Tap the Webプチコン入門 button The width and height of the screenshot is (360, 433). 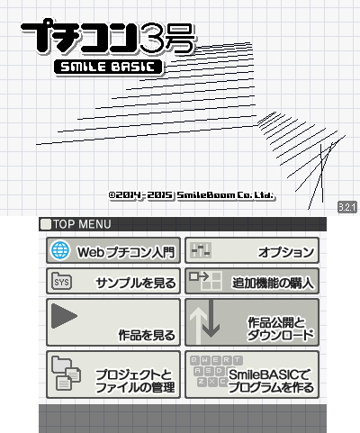[x=113, y=250]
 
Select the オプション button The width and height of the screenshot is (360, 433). [x=252, y=250]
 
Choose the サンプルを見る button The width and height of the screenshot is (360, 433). [x=113, y=281]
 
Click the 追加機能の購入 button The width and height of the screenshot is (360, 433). [x=252, y=281]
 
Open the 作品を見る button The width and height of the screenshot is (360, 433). [x=113, y=322]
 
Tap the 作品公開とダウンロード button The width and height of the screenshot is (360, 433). [x=252, y=322]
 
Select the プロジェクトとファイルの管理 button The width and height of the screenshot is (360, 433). [x=113, y=374]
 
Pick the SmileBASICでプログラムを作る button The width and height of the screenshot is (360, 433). [x=252, y=374]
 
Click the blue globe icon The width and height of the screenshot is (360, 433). [x=60, y=250]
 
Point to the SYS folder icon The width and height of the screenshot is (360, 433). [x=61, y=281]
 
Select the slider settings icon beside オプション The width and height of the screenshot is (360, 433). [x=201, y=250]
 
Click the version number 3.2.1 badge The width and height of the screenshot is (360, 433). [x=347, y=207]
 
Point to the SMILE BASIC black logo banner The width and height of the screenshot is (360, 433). [x=109, y=68]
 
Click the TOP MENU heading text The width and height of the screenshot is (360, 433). [x=82, y=224]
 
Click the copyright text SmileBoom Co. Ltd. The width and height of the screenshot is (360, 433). [x=225, y=195]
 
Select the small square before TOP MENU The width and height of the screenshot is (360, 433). [x=46, y=224]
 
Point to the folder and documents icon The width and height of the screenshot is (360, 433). [x=66, y=373]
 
